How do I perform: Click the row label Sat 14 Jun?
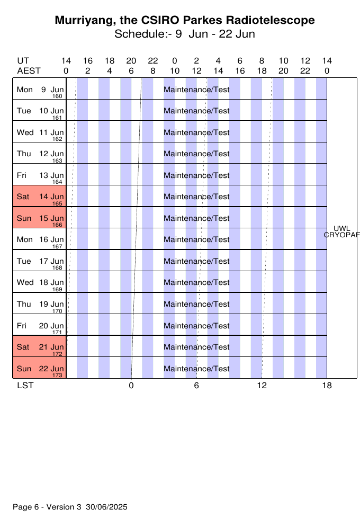(x=40, y=197)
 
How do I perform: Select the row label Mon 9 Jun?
(x=40, y=90)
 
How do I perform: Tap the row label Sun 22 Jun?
(x=40, y=369)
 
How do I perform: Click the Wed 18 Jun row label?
(x=40, y=282)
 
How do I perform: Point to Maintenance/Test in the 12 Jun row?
(x=196, y=154)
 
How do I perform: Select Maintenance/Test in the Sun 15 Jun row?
(x=196, y=218)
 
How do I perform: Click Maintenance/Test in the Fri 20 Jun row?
(x=196, y=326)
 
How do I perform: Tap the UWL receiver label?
(x=342, y=229)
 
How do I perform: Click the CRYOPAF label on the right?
(x=342, y=235)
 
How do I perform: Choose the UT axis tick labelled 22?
(x=153, y=61)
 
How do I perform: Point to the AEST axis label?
(x=29, y=71)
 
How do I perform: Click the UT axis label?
(x=23, y=61)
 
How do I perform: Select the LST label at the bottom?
(x=25, y=386)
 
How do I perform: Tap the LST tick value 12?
(x=262, y=386)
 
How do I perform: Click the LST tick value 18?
(x=327, y=386)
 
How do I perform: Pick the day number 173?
(x=57, y=375)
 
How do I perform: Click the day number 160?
(x=57, y=96)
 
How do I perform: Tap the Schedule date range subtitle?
(x=185, y=34)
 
